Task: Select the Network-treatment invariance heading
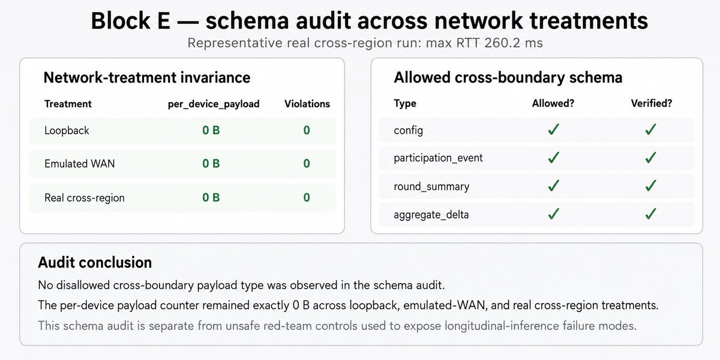[x=147, y=77]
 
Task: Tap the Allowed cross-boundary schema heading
[x=508, y=77]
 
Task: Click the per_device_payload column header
[x=214, y=104]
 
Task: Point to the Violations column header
[x=307, y=104]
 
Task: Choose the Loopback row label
[x=67, y=131]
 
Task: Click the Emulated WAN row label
[x=79, y=164]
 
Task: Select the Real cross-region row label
[x=84, y=197]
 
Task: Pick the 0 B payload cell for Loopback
[x=211, y=130]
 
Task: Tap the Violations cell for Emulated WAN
[x=307, y=164]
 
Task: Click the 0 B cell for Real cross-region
[x=211, y=197]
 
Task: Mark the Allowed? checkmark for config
[x=553, y=130]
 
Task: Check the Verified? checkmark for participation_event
[x=650, y=157]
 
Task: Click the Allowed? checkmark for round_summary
[x=553, y=186]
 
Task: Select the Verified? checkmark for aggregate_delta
[x=650, y=214]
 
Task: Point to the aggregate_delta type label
[x=431, y=215]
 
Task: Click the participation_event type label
[x=438, y=158]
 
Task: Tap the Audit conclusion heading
[x=95, y=263]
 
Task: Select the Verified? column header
[x=651, y=103]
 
